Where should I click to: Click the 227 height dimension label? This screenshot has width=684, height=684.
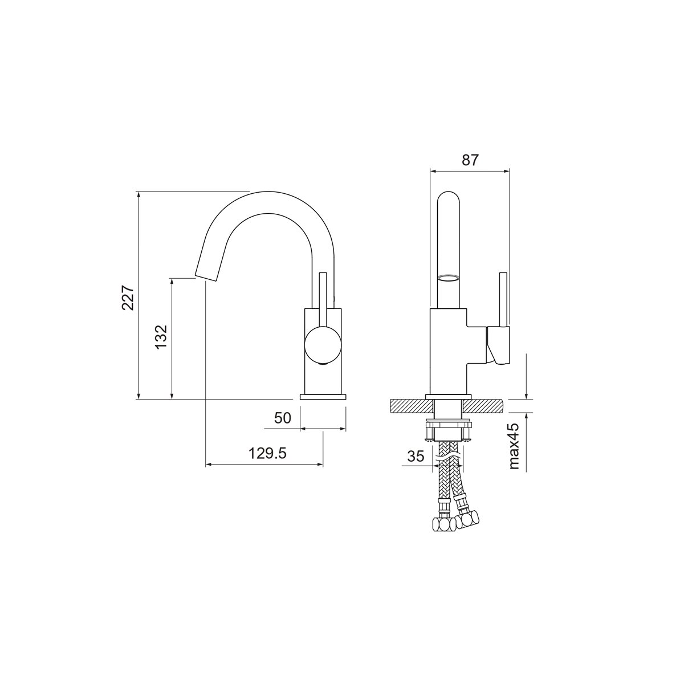[x=128, y=298]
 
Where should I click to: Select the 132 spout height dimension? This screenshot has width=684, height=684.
[x=161, y=336]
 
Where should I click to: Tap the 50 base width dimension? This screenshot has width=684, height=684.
[x=283, y=418]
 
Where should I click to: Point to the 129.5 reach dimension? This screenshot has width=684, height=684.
[x=267, y=453]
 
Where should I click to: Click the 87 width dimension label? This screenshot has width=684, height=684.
[x=470, y=160]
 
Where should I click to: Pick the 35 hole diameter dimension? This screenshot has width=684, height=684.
[x=416, y=456]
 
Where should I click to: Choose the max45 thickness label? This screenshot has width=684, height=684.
[x=514, y=446]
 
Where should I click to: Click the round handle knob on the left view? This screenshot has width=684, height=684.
[x=323, y=344]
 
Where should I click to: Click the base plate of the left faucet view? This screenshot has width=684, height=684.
[x=323, y=397]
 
